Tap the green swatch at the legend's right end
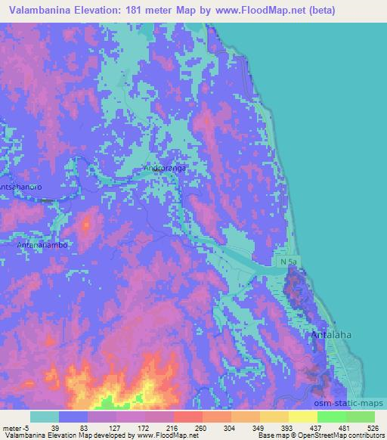tap(360, 417)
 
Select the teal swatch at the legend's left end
tap(45, 417)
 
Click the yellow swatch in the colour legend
tap(302, 417)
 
